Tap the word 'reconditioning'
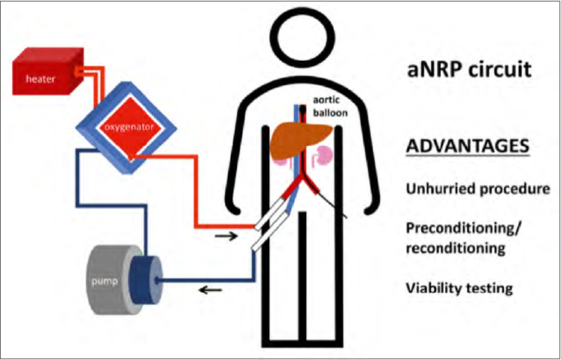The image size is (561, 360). coord(454,247)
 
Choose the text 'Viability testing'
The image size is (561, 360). coord(459,287)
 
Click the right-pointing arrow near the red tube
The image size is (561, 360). coord(223,235)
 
